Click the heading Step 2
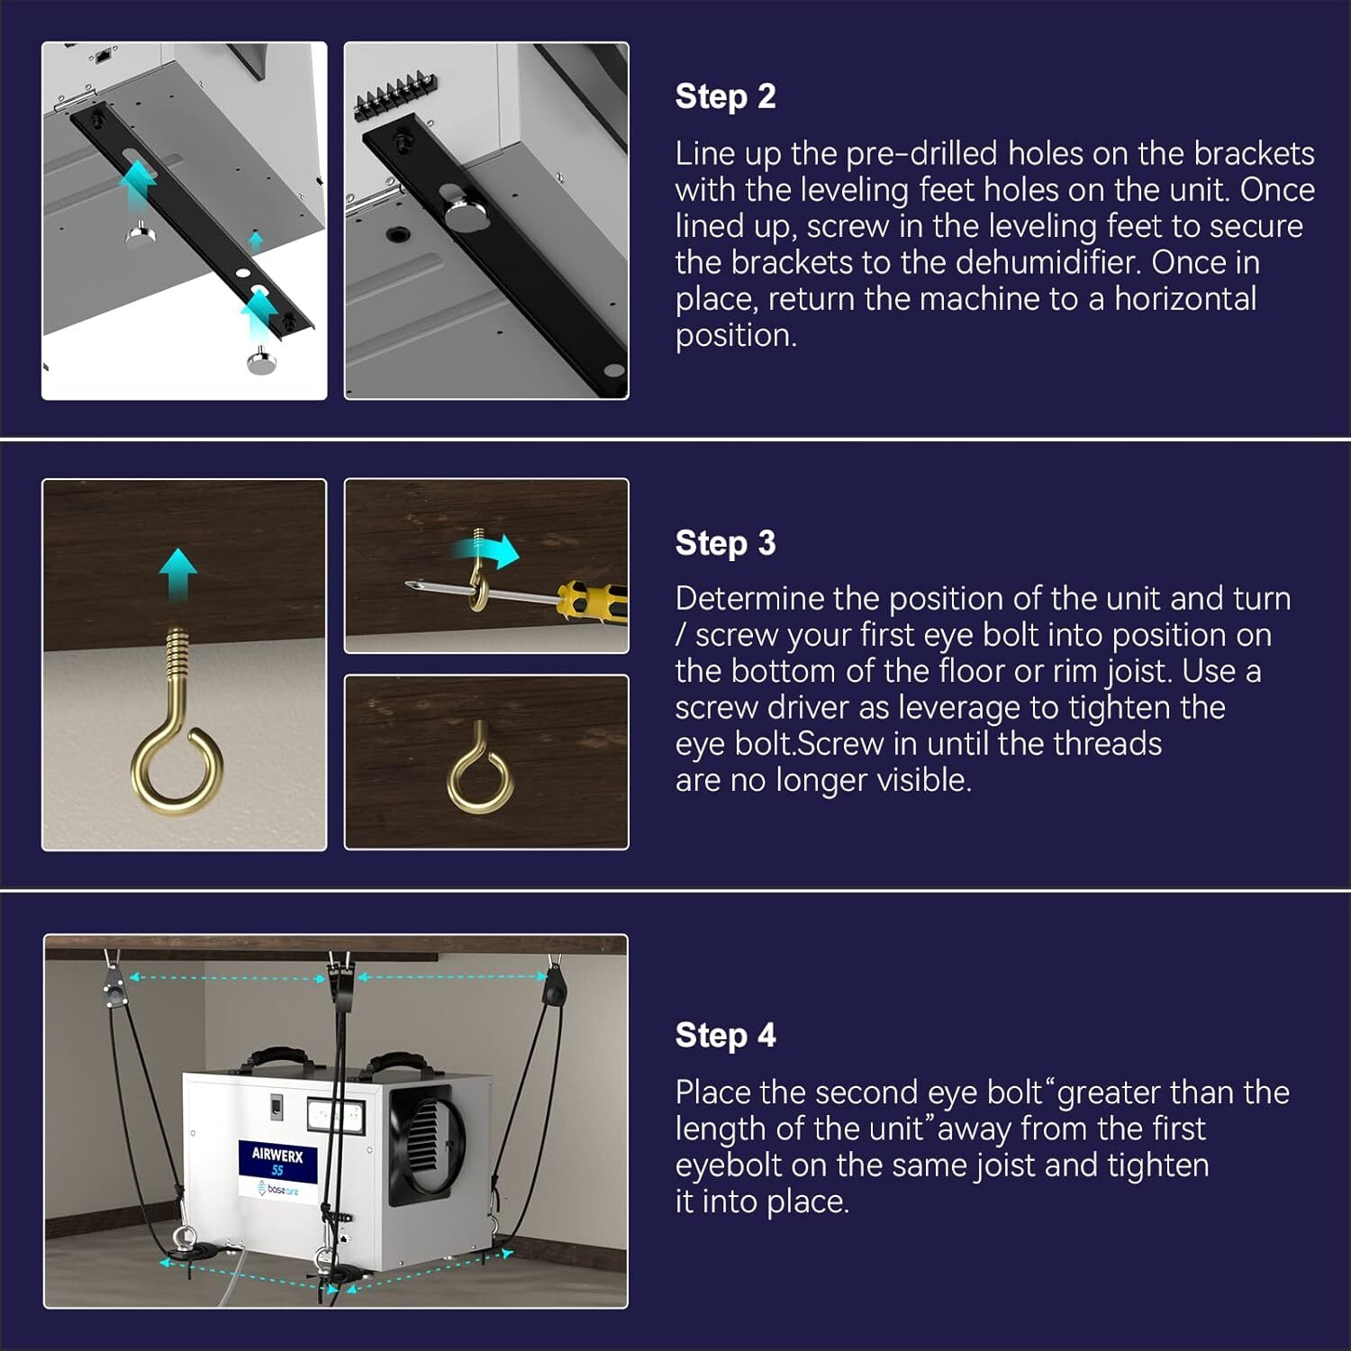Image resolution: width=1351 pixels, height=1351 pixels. point(725,96)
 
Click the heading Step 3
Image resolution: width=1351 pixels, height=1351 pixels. point(725,543)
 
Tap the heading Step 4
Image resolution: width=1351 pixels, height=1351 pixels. point(725,1035)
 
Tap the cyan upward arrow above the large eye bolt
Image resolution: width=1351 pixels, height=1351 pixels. point(178,571)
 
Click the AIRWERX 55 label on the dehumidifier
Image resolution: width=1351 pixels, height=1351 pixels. point(277,1161)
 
